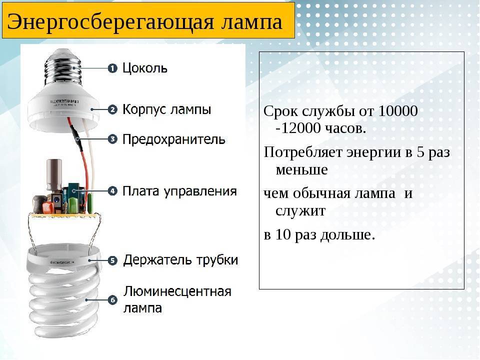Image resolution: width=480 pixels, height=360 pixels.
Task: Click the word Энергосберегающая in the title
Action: tap(110, 22)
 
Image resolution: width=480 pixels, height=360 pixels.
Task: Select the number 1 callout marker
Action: tap(112, 68)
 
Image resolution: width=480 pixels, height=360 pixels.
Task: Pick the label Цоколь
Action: tap(145, 68)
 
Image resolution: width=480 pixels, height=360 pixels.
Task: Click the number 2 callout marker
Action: tap(112, 109)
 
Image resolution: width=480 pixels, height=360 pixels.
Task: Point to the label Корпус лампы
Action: tap(167, 109)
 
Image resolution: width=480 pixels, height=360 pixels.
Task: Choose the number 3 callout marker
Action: tap(112, 139)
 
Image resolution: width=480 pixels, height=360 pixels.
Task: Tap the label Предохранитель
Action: tap(174, 139)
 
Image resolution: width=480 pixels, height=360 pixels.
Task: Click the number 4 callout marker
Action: tap(112, 191)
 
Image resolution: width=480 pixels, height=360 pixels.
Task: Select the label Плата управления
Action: tap(179, 191)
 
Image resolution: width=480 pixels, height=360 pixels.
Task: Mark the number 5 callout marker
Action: tap(112, 260)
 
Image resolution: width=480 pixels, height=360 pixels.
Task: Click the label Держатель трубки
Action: tap(180, 260)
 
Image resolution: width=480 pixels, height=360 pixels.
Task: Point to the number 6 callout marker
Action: tap(112, 300)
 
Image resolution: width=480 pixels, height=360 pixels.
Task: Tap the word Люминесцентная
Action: tap(177, 291)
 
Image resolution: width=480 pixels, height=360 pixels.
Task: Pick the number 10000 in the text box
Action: tap(398, 111)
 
